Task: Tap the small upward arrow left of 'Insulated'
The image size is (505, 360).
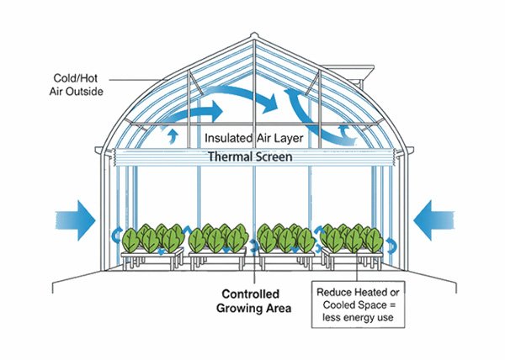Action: [174, 134]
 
